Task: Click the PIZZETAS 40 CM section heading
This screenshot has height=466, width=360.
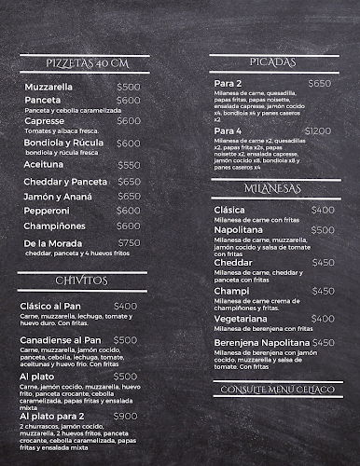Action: click(86, 62)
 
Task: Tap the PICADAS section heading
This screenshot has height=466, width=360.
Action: click(273, 62)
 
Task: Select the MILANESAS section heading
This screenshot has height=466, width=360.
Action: click(273, 188)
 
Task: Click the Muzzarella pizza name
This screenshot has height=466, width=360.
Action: click(51, 86)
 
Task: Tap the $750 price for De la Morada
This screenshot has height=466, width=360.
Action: click(129, 242)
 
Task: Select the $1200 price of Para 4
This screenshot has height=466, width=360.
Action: click(317, 131)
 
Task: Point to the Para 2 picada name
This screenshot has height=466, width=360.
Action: click(228, 83)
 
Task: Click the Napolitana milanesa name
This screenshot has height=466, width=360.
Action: click(241, 229)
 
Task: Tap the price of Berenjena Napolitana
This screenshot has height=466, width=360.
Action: click(322, 343)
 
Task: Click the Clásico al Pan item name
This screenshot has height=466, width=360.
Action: click(58, 306)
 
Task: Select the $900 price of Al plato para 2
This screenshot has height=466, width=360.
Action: click(125, 416)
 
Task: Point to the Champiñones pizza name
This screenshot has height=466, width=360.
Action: click(56, 226)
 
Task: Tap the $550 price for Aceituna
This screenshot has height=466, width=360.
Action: click(129, 165)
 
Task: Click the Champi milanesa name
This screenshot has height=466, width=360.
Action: click(230, 290)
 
